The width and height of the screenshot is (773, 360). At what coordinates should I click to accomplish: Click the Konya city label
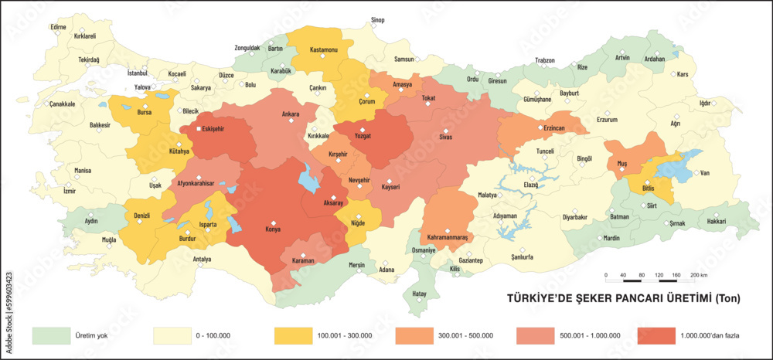(272, 230)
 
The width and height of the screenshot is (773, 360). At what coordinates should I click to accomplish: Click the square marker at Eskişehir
(199, 129)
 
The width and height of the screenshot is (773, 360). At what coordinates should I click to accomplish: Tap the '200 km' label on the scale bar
(699, 275)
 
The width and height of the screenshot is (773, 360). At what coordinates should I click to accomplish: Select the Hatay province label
(419, 294)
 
